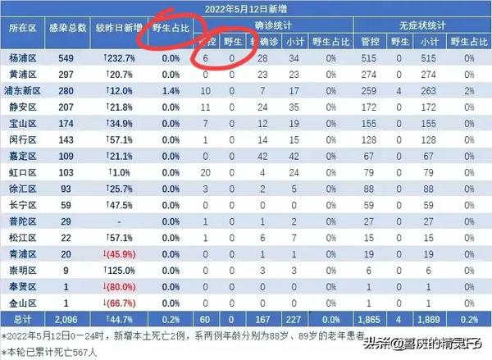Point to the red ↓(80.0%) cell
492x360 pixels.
(x=120, y=287)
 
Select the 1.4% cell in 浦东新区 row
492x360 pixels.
(x=171, y=89)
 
